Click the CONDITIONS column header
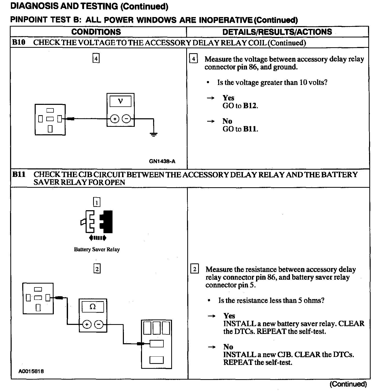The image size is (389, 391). tap(96, 32)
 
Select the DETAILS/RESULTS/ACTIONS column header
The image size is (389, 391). tap(277, 32)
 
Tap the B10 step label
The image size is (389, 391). tap(19, 42)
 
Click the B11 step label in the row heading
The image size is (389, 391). tap(19, 175)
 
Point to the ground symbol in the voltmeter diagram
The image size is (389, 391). tap(154, 134)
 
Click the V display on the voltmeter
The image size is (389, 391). tap(120, 101)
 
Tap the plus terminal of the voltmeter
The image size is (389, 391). tap(115, 119)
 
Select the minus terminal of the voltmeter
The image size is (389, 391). tap(126, 119)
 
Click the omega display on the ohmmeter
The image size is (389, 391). tap(93, 307)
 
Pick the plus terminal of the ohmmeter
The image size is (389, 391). tap(87, 324)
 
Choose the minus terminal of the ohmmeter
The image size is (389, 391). tap(99, 324)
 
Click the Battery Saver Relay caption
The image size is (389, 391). tap(97, 249)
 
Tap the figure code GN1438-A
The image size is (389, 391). tap(162, 161)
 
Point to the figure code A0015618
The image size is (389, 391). tap(31, 371)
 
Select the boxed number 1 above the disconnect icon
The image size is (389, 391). tap(97, 202)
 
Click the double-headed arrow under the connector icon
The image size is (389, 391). tap(97, 238)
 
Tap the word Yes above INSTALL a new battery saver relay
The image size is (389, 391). tap(229, 316)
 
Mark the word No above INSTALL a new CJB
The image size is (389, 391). tap(228, 347)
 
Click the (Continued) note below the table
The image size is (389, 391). tap(348, 384)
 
